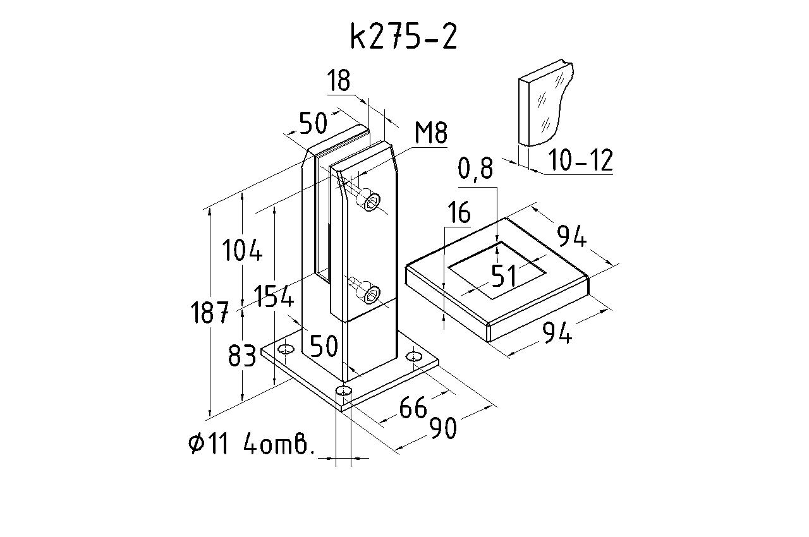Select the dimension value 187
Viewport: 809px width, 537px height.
click(x=210, y=313)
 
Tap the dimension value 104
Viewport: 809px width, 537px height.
click(x=241, y=251)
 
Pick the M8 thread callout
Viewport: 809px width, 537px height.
click(x=430, y=134)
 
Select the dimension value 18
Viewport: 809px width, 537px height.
click(x=339, y=81)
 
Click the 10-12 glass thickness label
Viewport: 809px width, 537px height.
click(x=580, y=161)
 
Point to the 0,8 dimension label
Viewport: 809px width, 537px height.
click(x=475, y=169)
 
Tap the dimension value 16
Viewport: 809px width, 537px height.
click(x=459, y=214)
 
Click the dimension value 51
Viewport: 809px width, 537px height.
click(x=503, y=276)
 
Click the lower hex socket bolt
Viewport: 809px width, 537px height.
click(x=372, y=293)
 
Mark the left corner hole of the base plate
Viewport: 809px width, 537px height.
click(x=286, y=349)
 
